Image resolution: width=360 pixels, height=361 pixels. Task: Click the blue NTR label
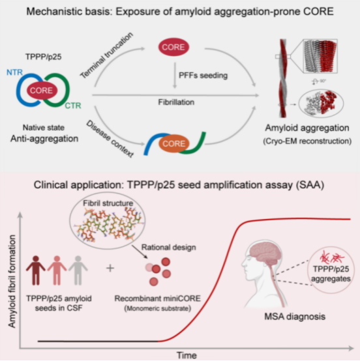tap(14, 72)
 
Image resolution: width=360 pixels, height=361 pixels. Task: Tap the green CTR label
tap(73, 106)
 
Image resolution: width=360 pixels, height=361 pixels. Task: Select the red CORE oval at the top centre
tap(173, 47)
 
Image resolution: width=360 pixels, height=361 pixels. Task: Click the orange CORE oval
tap(174, 143)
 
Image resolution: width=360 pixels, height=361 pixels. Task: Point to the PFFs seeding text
tap(203, 76)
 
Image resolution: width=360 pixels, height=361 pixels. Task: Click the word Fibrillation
tap(176, 102)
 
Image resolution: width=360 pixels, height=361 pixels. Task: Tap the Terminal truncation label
tap(106, 55)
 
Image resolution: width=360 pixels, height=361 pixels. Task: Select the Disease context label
tap(110, 139)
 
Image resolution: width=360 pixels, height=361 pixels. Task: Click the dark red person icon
tap(35, 270)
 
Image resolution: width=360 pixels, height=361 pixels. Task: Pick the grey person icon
tap(78, 270)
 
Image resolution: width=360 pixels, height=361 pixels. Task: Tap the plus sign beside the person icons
tap(110, 268)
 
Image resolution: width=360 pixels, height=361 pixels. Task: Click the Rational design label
tap(169, 247)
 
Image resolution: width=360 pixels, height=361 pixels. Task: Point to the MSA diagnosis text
tap(295, 317)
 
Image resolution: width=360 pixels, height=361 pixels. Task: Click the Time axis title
tap(187, 355)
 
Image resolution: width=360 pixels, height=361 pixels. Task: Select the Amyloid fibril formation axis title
tap(12, 281)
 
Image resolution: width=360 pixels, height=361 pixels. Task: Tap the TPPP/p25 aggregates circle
tap(331, 271)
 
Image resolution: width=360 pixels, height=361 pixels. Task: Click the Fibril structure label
tap(108, 203)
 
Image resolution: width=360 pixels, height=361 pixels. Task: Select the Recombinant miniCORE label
tap(158, 298)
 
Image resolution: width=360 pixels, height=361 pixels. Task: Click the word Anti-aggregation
tap(44, 139)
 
